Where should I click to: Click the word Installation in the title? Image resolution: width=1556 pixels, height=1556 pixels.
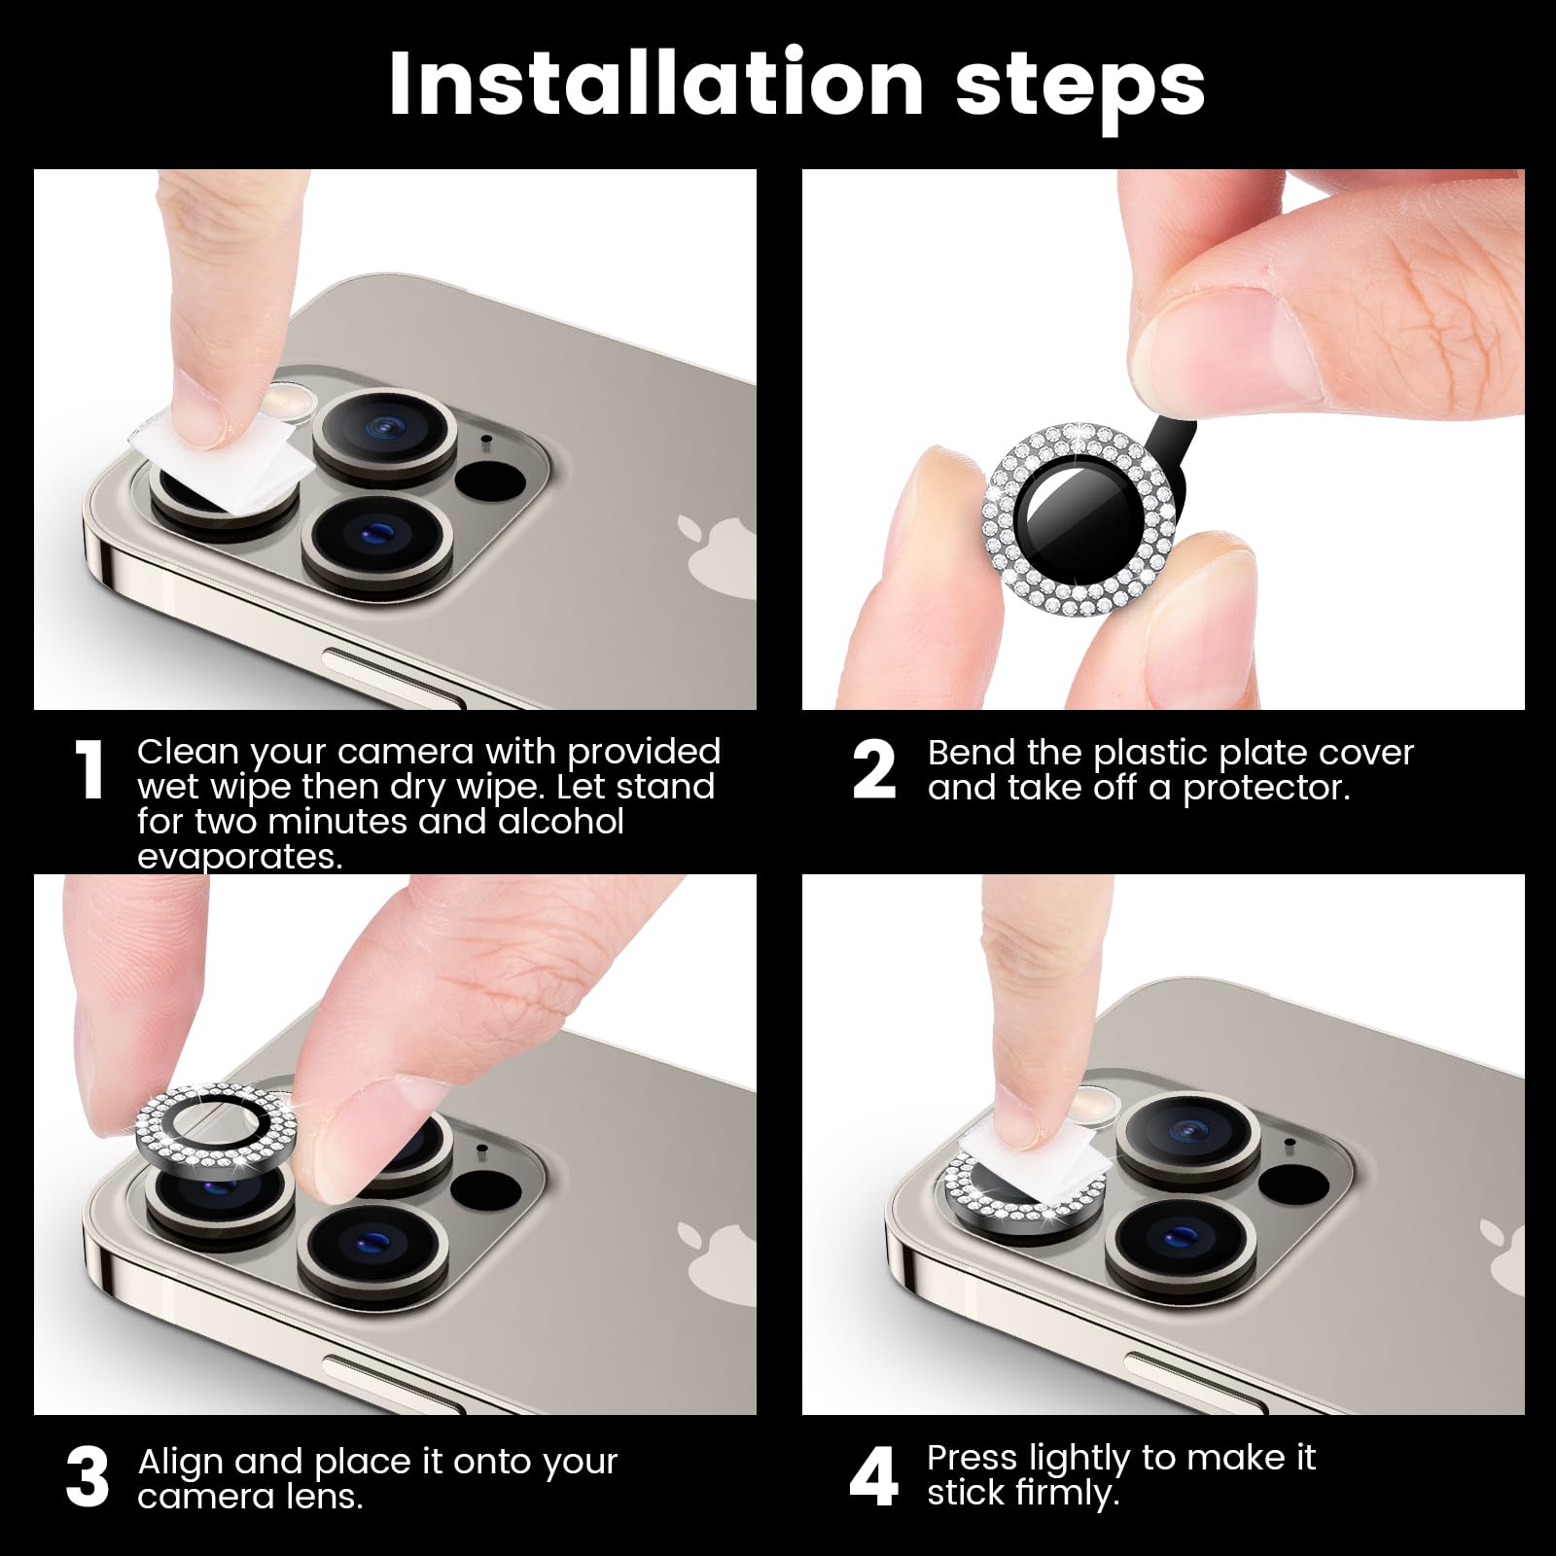click(655, 84)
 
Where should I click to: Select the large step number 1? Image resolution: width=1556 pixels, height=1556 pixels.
click(89, 770)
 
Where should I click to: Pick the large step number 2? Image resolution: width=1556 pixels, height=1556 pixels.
click(873, 770)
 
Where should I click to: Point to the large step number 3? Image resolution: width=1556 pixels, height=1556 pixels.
click(88, 1477)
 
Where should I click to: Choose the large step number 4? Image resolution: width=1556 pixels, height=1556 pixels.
click(873, 1477)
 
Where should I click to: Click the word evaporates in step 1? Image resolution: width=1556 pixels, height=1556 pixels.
click(240, 858)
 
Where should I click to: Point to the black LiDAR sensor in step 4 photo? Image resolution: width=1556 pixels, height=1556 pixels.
click(1292, 1185)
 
